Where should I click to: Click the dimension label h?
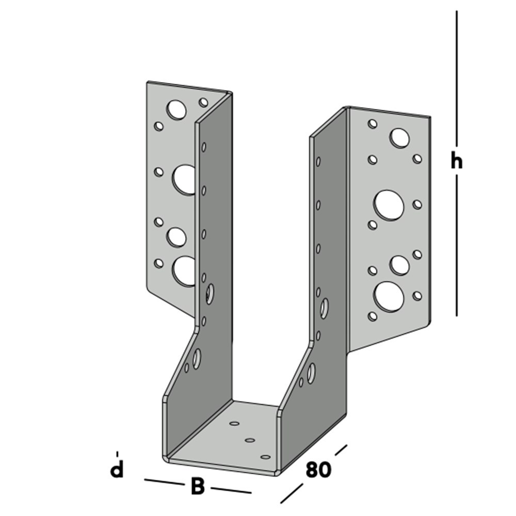(456, 162)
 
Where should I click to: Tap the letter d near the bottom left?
(118, 470)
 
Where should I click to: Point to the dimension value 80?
(318, 470)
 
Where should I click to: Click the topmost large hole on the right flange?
(399, 138)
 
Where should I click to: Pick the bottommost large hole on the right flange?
(389, 296)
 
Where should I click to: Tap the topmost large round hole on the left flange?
(176, 109)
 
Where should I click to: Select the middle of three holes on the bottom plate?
(250, 440)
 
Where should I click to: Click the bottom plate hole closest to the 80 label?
(266, 457)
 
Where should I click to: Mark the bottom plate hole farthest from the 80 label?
(234, 424)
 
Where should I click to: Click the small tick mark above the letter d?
(118, 454)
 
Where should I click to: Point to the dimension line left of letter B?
(164, 482)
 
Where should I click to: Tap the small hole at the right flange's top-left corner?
(372, 123)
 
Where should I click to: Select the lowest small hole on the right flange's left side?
(372, 315)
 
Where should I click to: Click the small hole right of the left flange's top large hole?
(203, 102)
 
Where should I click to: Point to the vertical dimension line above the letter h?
(457, 77)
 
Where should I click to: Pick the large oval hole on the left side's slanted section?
(197, 358)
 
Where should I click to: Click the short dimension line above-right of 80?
(341, 450)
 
